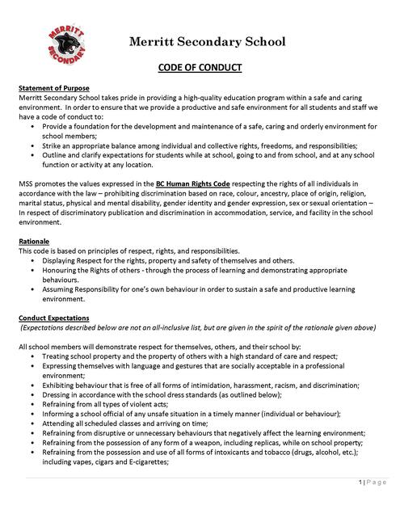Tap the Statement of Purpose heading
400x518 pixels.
pyautogui.click(x=55, y=86)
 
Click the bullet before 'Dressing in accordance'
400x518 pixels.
pyautogui.click(x=32, y=396)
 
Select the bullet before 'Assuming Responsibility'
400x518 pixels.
pyautogui.click(x=32, y=288)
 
